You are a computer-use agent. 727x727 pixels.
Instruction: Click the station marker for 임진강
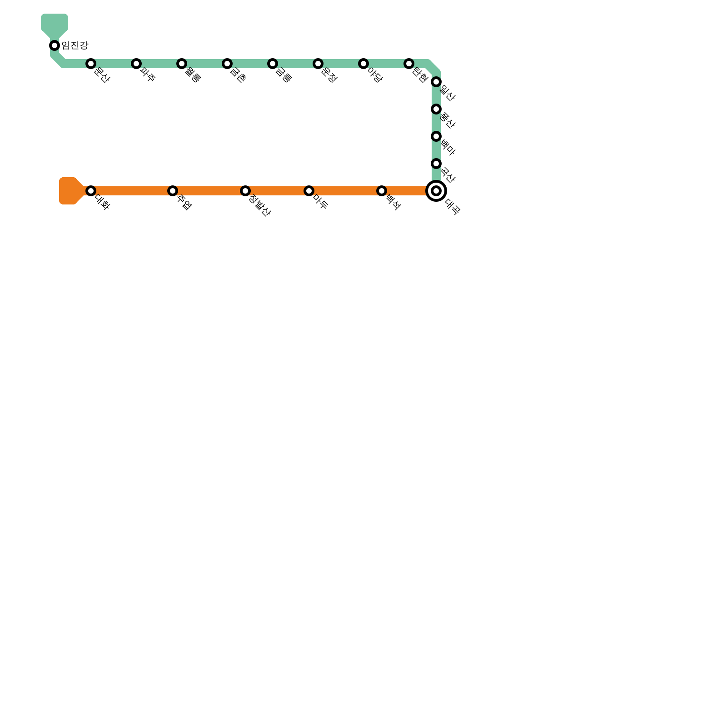click(x=55, y=45)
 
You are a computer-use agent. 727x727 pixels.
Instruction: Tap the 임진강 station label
click(x=75, y=45)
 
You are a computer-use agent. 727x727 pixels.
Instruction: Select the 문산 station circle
click(x=91, y=64)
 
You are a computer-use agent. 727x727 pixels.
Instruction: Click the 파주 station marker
click(x=136, y=64)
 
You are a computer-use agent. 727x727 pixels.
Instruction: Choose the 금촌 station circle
click(x=227, y=64)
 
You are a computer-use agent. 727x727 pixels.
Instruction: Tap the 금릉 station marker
click(x=273, y=64)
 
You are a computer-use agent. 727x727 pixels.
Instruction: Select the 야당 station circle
click(x=363, y=64)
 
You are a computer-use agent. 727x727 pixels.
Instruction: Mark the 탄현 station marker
click(x=409, y=64)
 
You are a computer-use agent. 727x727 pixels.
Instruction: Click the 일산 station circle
click(x=436, y=82)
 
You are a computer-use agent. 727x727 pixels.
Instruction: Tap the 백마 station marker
click(x=436, y=136)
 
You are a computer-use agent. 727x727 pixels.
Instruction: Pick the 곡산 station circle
click(x=436, y=164)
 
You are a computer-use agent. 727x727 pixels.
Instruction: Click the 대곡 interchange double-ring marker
click(x=436, y=191)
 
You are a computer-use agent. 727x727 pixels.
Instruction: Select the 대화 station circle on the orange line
click(x=91, y=191)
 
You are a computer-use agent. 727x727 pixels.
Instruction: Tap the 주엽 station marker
click(x=173, y=191)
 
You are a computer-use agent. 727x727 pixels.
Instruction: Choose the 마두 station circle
click(x=309, y=191)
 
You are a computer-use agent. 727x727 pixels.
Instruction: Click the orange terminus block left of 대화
click(x=68, y=191)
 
